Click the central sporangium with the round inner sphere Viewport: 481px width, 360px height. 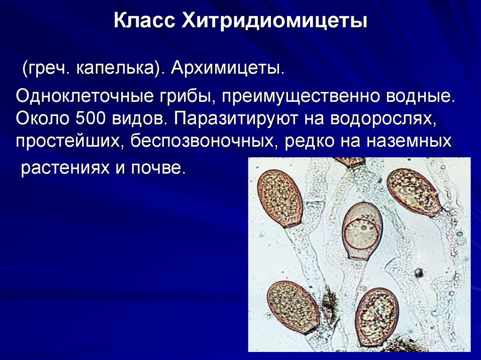pos(361,230)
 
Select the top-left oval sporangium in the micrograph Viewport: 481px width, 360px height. pos(280,198)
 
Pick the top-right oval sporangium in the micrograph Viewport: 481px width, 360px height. pos(414,191)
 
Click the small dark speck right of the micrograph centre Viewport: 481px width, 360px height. pos(419,272)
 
